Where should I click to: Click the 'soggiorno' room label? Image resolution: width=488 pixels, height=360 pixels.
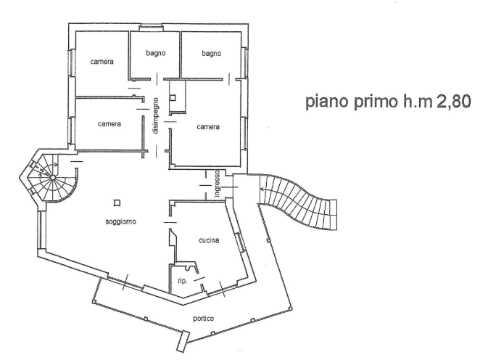tap(121, 221)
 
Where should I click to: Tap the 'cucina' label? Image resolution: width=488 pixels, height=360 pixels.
tap(209, 240)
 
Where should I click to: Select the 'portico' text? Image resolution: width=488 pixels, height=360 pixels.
tap(204, 319)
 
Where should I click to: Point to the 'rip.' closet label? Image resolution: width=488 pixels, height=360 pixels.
tap(183, 281)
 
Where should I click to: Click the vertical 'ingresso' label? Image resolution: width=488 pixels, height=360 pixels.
tap(218, 184)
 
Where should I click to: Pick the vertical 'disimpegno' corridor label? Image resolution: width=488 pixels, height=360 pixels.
tap(156, 116)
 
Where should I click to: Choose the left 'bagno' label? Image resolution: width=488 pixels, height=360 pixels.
tap(156, 53)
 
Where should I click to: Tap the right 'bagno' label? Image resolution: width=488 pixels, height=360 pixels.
tap(211, 54)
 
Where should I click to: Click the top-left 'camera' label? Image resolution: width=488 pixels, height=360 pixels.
tap(102, 62)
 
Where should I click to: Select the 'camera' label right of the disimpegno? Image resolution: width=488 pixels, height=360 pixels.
tap(208, 127)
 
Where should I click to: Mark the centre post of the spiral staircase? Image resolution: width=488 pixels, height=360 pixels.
tap(53, 178)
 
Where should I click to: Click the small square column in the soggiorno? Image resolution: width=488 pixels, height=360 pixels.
tap(117, 203)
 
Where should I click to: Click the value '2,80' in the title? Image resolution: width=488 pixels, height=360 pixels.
tap(454, 102)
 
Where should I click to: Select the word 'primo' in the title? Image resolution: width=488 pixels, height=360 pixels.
tap(376, 102)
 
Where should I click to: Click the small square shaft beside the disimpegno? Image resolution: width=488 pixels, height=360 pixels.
tap(173, 98)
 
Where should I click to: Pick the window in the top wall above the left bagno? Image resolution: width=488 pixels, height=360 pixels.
tap(151, 28)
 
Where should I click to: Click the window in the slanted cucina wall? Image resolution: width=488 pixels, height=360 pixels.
tap(240, 242)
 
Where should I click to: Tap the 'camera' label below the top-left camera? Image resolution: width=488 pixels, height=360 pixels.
tap(109, 124)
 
